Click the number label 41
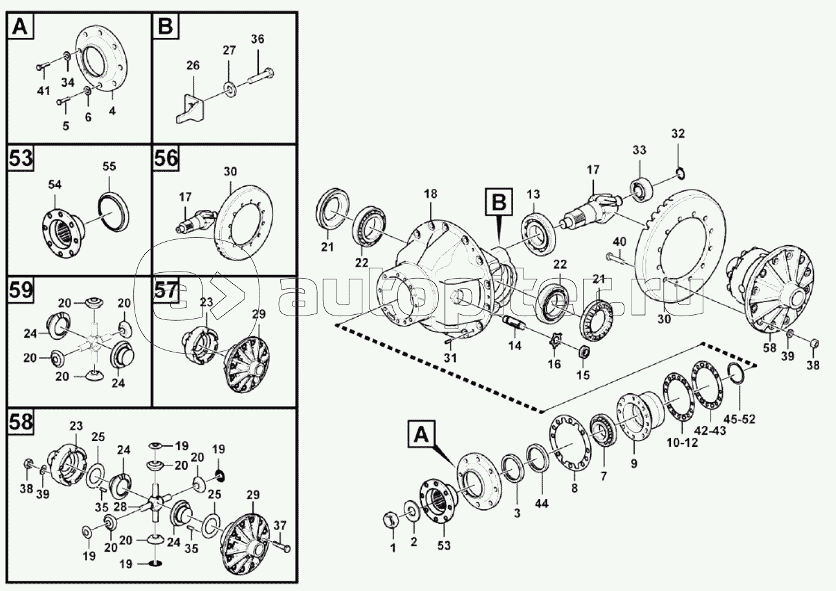click(43, 91)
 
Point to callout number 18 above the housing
click(432, 194)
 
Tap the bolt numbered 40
click(617, 260)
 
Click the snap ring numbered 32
click(680, 172)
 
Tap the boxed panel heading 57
click(167, 292)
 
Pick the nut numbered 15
click(583, 353)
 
